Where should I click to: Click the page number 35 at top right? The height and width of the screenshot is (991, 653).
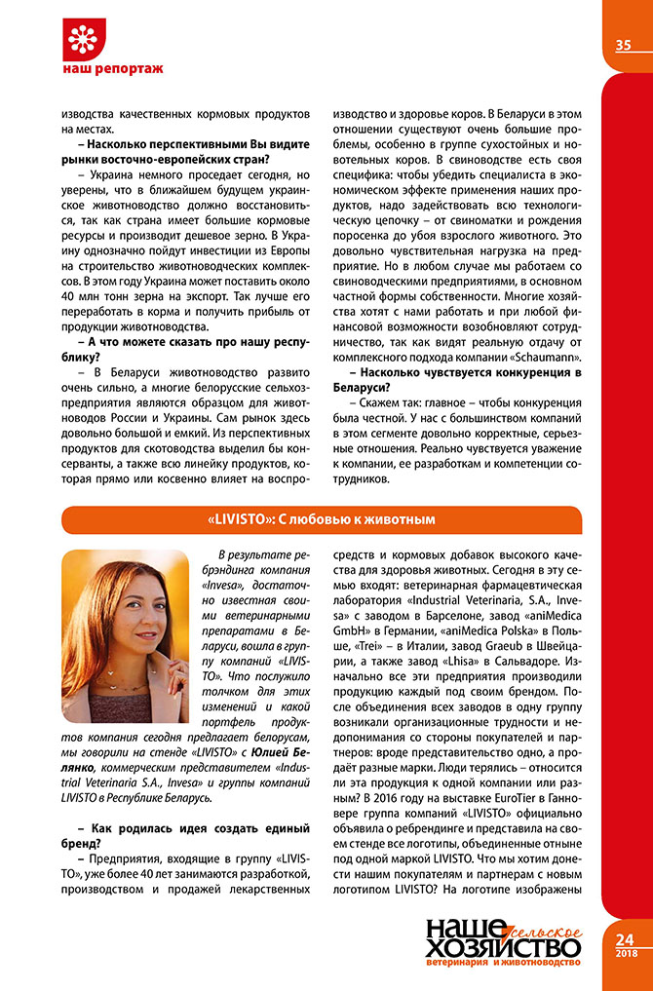pyautogui.click(x=624, y=45)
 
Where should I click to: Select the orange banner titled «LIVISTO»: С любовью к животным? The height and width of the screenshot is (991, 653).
pyautogui.click(x=322, y=518)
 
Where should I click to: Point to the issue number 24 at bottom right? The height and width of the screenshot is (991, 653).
pyautogui.click(x=625, y=938)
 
